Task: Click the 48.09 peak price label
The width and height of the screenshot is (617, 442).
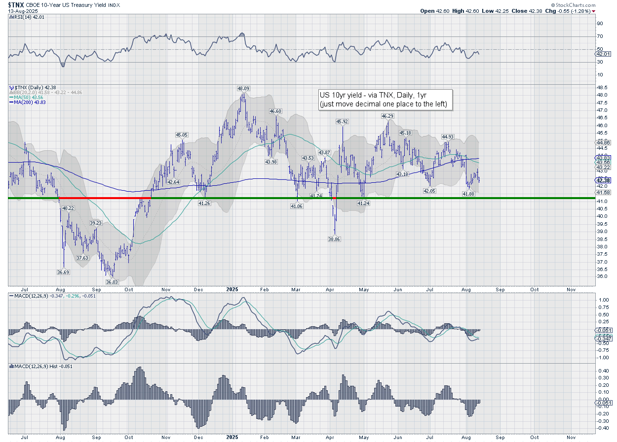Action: tap(243, 89)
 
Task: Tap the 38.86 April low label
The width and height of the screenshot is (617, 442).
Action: tap(335, 238)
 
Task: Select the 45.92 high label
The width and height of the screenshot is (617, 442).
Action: tap(342, 121)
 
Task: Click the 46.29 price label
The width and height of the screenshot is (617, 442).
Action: tap(387, 116)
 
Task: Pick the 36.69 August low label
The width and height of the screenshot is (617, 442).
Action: tap(63, 272)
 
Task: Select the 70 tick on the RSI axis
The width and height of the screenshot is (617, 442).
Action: tap(600, 36)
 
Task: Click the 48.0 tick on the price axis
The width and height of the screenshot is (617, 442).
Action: tap(601, 95)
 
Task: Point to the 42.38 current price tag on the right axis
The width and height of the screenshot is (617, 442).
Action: tap(603, 180)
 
